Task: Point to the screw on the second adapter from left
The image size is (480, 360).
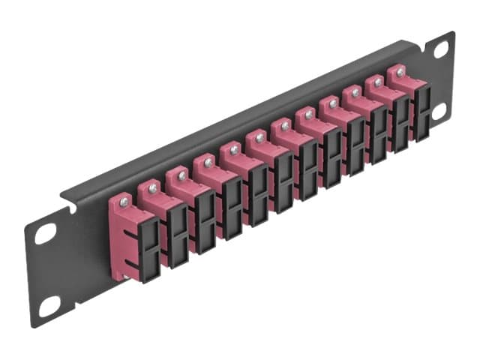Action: [x=153, y=186]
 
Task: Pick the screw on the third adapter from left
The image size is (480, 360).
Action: [x=181, y=174]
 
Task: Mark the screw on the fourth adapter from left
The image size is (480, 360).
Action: [x=207, y=162]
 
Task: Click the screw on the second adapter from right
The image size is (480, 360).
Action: [x=377, y=82]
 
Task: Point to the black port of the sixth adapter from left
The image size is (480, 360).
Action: [x=283, y=178]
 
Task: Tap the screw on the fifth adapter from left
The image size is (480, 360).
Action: [x=233, y=150]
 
